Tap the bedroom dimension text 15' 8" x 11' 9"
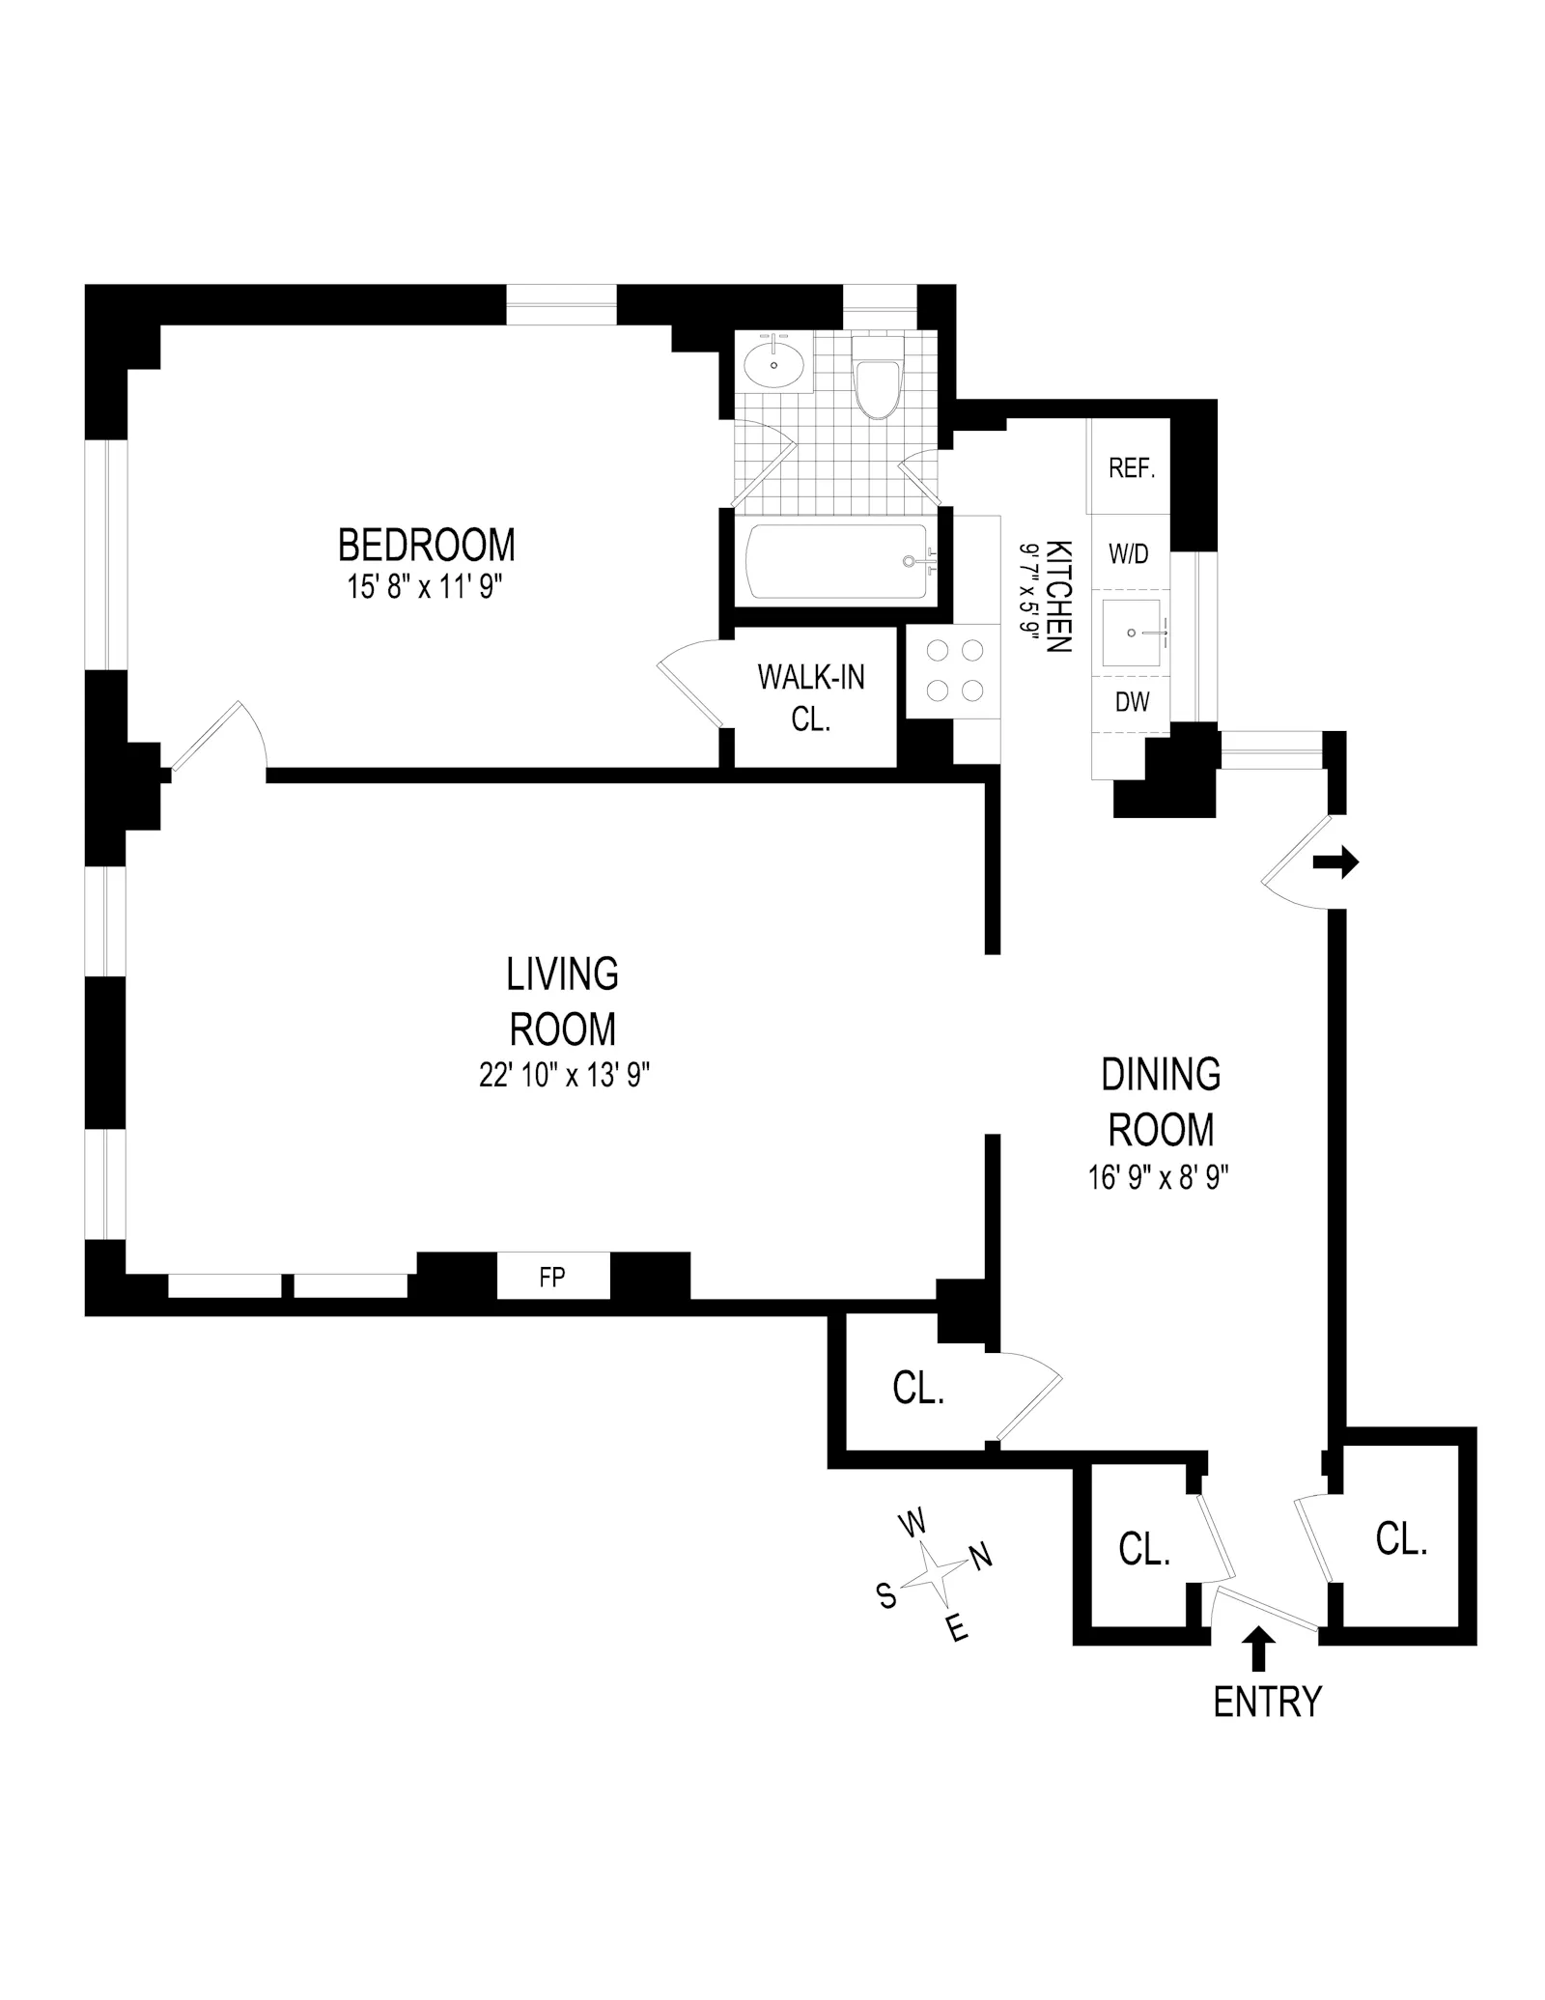(426, 587)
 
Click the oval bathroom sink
(774, 364)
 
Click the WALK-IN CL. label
(811, 697)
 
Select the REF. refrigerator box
(1131, 468)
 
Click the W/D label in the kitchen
(1129, 554)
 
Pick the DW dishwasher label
(1132, 702)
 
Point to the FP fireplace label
(552, 1278)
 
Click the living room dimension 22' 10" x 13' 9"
(564, 1075)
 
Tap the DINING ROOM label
(1161, 1102)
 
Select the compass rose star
(930, 1575)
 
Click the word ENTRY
(1266, 1701)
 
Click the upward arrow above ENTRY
(1257, 1648)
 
